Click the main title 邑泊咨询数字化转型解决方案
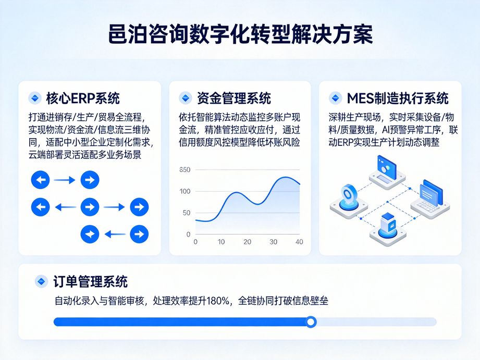click(240, 35)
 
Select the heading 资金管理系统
click(233, 98)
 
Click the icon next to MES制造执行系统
click(335, 98)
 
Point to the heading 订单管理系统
click(90, 282)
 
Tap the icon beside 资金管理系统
click(185, 98)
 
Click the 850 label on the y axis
click(184, 170)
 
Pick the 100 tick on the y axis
click(184, 191)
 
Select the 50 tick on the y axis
click(186, 213)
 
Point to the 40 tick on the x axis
click(299, 242)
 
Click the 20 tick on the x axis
click(247, 242)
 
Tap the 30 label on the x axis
click(273, 242)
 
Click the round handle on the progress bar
click(311, 322)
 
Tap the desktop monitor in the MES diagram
click(387, 167)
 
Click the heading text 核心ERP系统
click(83, 98)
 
